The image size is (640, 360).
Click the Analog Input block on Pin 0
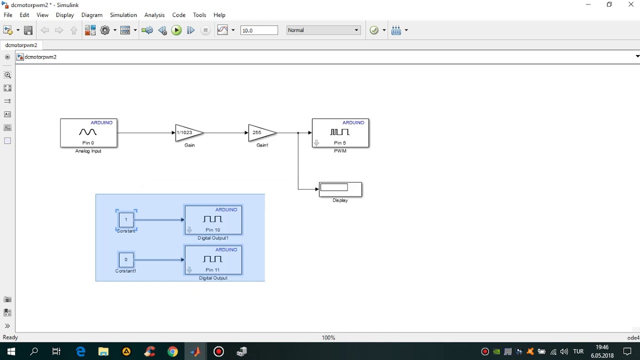click(x=88, y=133)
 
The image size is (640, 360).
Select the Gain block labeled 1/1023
click(x=188, y=133)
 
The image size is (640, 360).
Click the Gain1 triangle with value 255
click(x=260, y=133)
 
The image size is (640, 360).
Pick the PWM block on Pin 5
click(x=340, y=133)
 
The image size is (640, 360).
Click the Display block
click(x=340, y=189)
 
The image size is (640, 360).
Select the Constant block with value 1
click(x=126, y=220)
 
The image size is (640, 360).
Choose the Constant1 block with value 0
click(x=126, y=260)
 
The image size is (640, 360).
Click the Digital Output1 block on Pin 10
click(x=213, y=220)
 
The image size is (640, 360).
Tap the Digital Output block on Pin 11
click(x=213, y=260)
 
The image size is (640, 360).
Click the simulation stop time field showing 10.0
click(x=258, y=30)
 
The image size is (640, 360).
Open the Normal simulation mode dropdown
click(x=323, y=30)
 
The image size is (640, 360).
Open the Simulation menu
click(x=123, y=15)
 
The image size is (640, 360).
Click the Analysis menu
click(x=154, y=15)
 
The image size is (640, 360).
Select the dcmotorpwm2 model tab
click(x=21, y=45)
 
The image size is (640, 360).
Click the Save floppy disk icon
click(x=28, y=30)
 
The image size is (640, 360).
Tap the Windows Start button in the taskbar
click(x=11, y=351)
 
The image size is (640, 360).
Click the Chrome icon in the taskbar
click(x=172, y=351)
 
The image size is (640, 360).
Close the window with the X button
click(x=630, y=5)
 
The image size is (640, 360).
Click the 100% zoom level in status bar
click(x=328, y=338)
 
